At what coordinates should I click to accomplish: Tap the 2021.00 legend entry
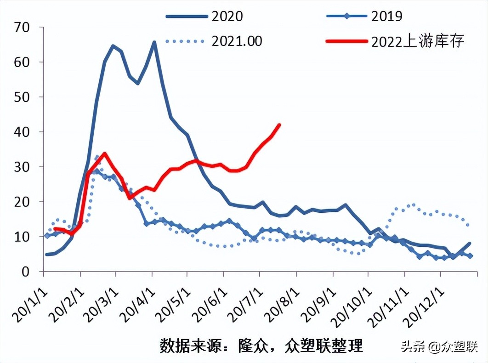coord(214,41)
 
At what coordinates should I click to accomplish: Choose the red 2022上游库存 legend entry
coord(396,41)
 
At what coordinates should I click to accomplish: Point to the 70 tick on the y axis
coord(22,27)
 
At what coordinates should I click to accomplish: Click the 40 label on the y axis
coord(22,132)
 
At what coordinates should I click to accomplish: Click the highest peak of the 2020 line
coord(154,42)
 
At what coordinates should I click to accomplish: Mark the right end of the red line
coord(279,125)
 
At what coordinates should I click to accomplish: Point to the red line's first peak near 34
coord(105,153)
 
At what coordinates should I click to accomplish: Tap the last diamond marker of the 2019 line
coord(471,256)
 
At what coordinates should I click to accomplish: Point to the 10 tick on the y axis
coord(22,237)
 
